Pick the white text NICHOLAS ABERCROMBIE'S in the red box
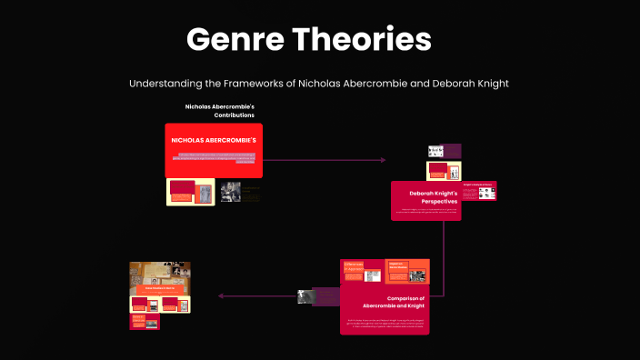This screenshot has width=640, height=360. click(x=215, y=141)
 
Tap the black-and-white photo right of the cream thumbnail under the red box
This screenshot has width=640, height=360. click(x=230, y=192)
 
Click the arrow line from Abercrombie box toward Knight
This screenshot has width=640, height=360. click(x=327, y=160)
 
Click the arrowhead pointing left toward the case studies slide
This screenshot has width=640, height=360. click(x=221, y=296)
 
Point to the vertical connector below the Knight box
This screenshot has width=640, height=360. click(x=444, y=259)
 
